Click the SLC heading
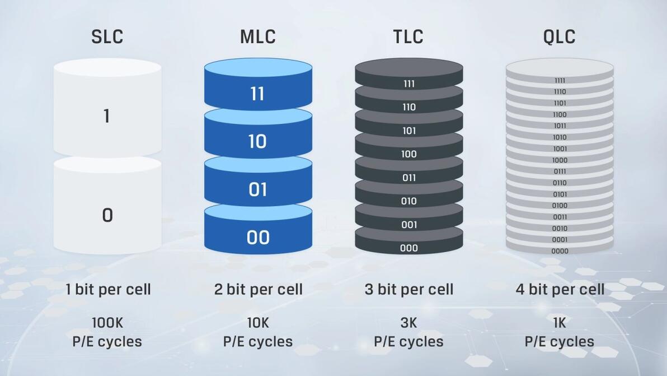107,36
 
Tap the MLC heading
258,36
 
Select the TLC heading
408,36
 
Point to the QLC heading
560,36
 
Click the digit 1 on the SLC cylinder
107,116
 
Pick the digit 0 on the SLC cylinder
107,215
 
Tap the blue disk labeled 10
258,134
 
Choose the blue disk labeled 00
258,230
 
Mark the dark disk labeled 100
409,147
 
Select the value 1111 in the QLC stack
560,81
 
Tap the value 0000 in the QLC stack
560,251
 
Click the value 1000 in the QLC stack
560,160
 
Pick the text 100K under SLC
107,323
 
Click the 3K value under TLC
409,323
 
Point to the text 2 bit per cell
258,290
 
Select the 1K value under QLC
560,323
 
